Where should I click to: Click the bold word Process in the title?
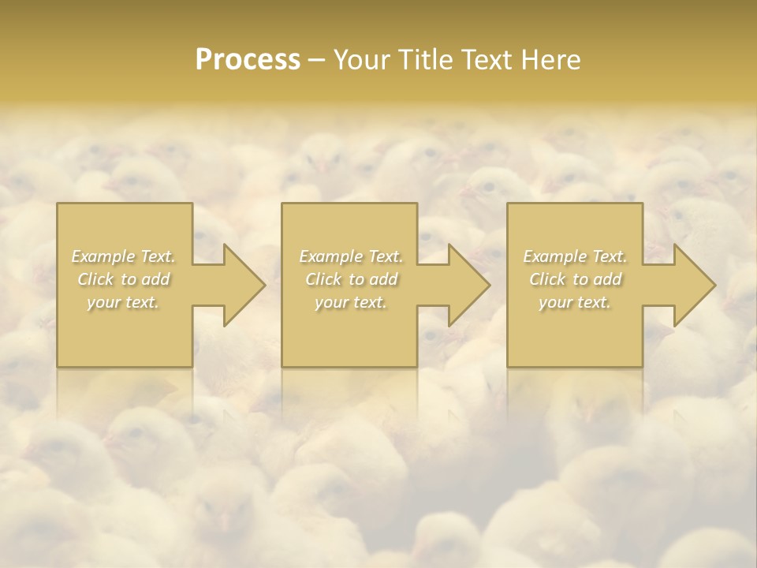click(x=248, y=60)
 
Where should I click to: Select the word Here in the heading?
click(x=550, y=60)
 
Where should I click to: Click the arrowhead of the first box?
click(x=241, y=285)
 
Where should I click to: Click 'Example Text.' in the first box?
click(x=124, y=256)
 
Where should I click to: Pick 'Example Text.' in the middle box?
click(x=350, y=256)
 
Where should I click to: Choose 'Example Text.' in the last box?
click(x=575, y=256)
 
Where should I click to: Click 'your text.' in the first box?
click(x=123, y=302)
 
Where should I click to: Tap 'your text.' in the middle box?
click(x=350, y=302)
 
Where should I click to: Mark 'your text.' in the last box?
click(x=575, y=302)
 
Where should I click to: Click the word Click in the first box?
click(x=95, y=279)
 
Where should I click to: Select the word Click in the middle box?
click(x=323, y=279)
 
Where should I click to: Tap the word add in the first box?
click(x=156, y=279)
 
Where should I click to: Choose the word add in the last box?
click(x=608, y=279)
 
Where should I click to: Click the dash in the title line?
click(x=317, y=60)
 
